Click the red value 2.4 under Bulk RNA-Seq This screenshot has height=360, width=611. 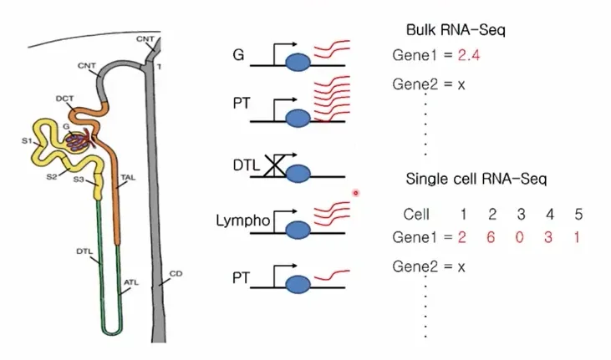[x=468, y=55]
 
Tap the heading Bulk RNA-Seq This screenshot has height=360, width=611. [x=456, y=30]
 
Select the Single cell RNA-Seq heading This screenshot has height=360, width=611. [x=476, y=179]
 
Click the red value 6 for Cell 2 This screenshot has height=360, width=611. [x=491, y=237]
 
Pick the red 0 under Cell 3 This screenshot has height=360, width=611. [x=519, y=237]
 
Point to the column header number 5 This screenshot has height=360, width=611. [x=578, y=214]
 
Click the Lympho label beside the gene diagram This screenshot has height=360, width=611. [x=242, y=221]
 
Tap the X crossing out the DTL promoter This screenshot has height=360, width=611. [x=275, y=166]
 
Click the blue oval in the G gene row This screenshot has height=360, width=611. [x=298, y=63]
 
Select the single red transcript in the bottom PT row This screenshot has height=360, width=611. [x=332, y=275]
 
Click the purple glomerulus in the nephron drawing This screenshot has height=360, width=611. [x=78, y=142]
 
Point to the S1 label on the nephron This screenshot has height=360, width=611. [x=27, y=140]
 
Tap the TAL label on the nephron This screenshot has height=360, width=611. [x=128, y=178]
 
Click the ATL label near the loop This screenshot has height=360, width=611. [x=131, y=282]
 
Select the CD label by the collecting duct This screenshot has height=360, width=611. [x=176, y=273]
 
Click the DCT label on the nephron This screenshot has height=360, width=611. [x=64, y=99]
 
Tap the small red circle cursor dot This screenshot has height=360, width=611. [x=356, y=192]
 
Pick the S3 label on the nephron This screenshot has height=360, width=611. [x=79, y=180]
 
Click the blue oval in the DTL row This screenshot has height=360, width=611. [x=298, y=174]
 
